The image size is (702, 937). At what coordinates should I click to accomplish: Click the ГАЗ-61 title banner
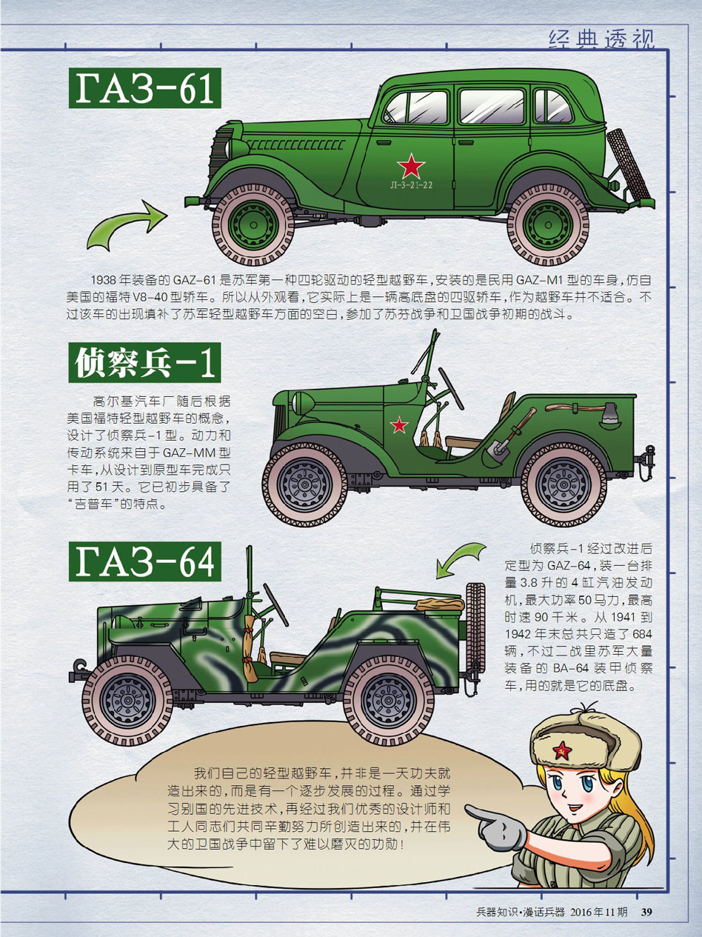[x=144, y=88]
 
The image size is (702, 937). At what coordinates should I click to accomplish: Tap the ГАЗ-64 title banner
[x=144, y=561]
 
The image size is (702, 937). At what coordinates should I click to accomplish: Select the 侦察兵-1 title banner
[x=144, y=362]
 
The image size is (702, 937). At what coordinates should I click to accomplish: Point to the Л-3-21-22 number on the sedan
[x=411, y=185]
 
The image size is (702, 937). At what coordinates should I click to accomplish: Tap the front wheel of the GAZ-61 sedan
[x=253, y=224]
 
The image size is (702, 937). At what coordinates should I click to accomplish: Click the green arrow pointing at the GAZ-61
[x=127, y=224]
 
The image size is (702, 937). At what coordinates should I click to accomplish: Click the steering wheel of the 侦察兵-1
[x=451, y=388]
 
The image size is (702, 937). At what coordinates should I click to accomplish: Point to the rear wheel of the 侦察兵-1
[x=564, y=485]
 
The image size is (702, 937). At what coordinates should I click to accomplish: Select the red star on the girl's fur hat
[x=562, y=750]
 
